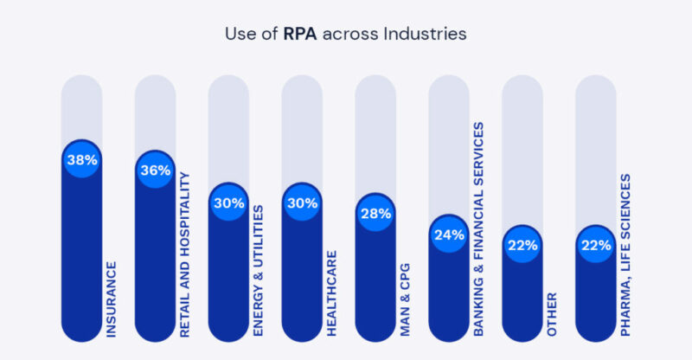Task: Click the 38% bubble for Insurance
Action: (81, 160)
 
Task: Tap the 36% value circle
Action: (155, 170)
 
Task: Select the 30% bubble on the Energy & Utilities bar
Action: (228, 203)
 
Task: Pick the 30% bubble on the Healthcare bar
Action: (302, 203)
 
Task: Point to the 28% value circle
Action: (375, 214)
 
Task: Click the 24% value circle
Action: (449, 235)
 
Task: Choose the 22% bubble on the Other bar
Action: (522, 245)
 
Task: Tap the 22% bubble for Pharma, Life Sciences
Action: (596, 245)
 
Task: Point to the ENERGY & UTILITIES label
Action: (258, 270)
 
